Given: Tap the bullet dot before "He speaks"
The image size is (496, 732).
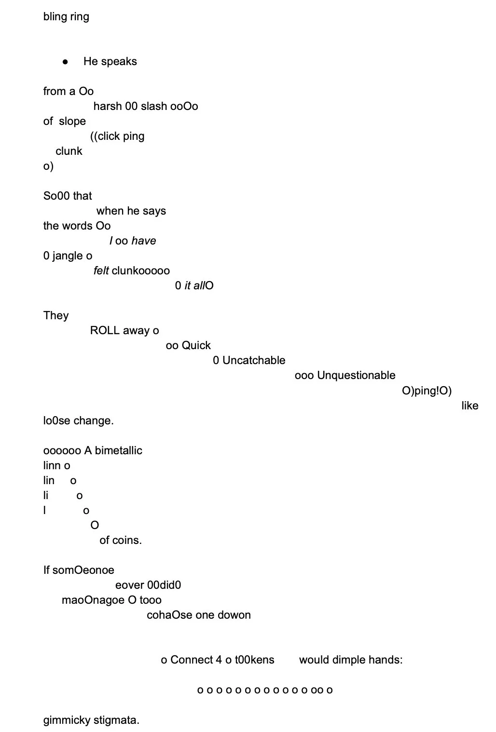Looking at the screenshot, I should (x=65, y=62).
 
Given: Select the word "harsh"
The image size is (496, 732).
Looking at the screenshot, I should (x=108, y=106).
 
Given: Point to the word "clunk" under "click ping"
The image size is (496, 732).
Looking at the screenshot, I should (x=69, y=151).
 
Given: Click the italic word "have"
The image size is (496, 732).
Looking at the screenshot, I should (x=144, y=241).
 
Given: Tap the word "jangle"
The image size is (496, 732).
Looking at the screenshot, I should (x=68, y=256).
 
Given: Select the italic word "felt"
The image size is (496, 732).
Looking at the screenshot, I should (x=101, y=271).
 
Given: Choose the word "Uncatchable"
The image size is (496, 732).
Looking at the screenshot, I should (x=254, y=360).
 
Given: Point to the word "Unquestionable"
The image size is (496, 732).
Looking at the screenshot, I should (x=356, y=375).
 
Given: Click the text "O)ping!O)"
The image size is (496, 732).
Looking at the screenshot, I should (x=427, y=390).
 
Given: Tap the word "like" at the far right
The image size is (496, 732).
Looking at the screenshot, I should (x=469, y=406).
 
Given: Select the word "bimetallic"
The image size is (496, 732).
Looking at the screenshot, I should (x=118, y=450).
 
